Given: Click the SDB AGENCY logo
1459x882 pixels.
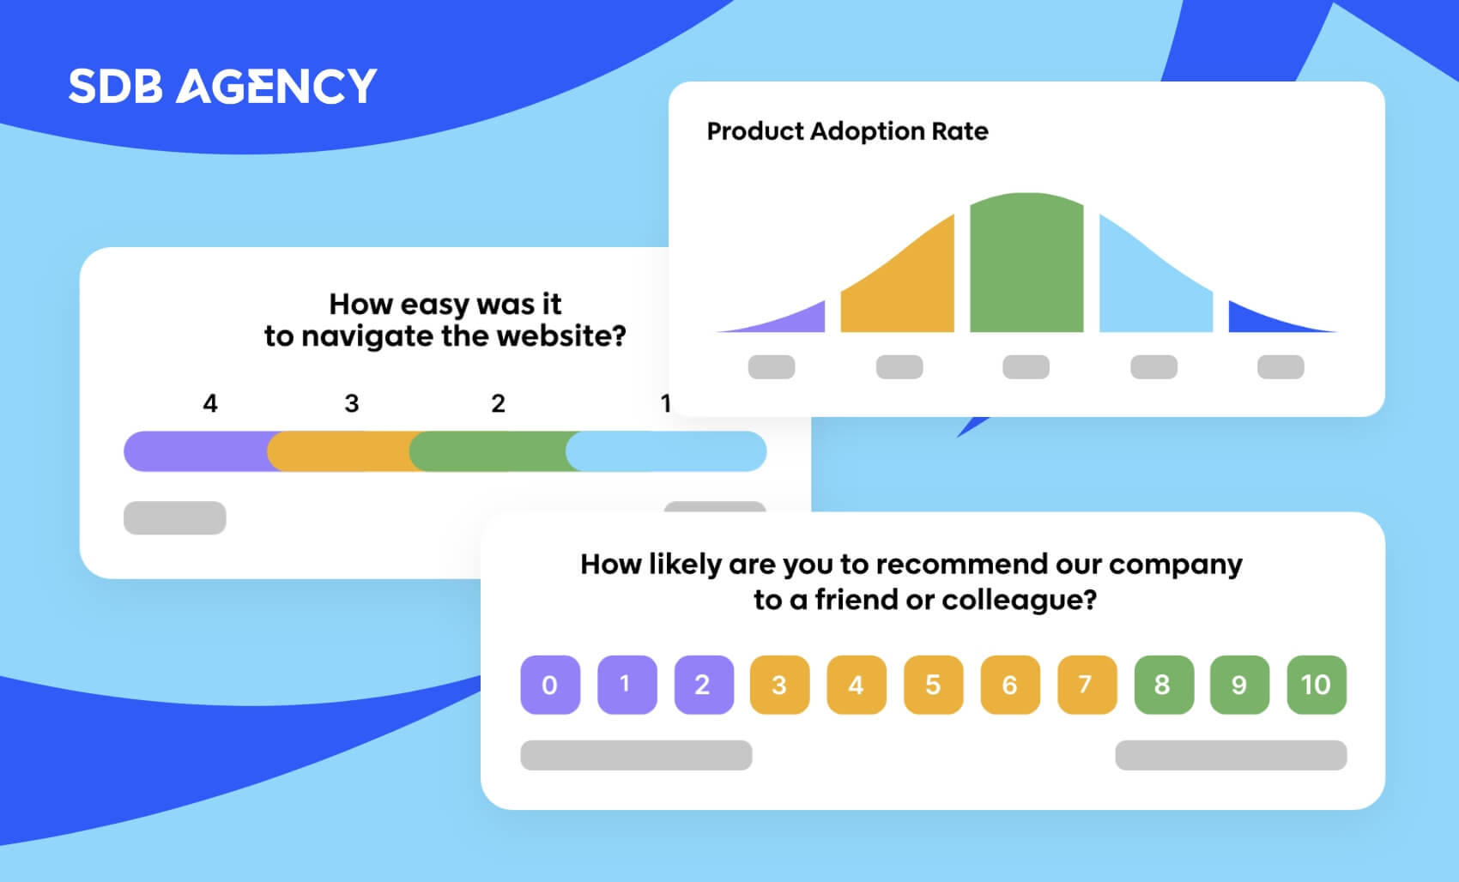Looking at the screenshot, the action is click(x=223, y=86).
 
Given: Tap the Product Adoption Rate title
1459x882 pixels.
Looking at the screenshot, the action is click(x=847, y=131).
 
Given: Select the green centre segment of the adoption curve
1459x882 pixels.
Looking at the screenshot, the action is click(x=1026, y=263).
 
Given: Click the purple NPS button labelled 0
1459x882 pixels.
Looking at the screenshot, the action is click(x=550, y=685).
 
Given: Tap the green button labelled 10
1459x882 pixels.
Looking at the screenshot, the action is click(x=1317, y=685).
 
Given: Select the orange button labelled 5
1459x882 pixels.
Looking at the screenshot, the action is click(x=934, y=685).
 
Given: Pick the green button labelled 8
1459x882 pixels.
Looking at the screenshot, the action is click(x=1164, y=685).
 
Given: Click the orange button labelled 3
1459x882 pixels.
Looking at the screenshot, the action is click(x=779, y=685).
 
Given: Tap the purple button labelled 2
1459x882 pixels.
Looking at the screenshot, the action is click(x=704, y=685).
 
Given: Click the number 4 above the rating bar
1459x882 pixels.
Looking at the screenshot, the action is click(x=209, y=403).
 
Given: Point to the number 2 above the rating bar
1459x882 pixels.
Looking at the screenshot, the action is click(x=499, y=403).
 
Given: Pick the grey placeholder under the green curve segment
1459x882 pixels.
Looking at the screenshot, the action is click(x=1026, y=367).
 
